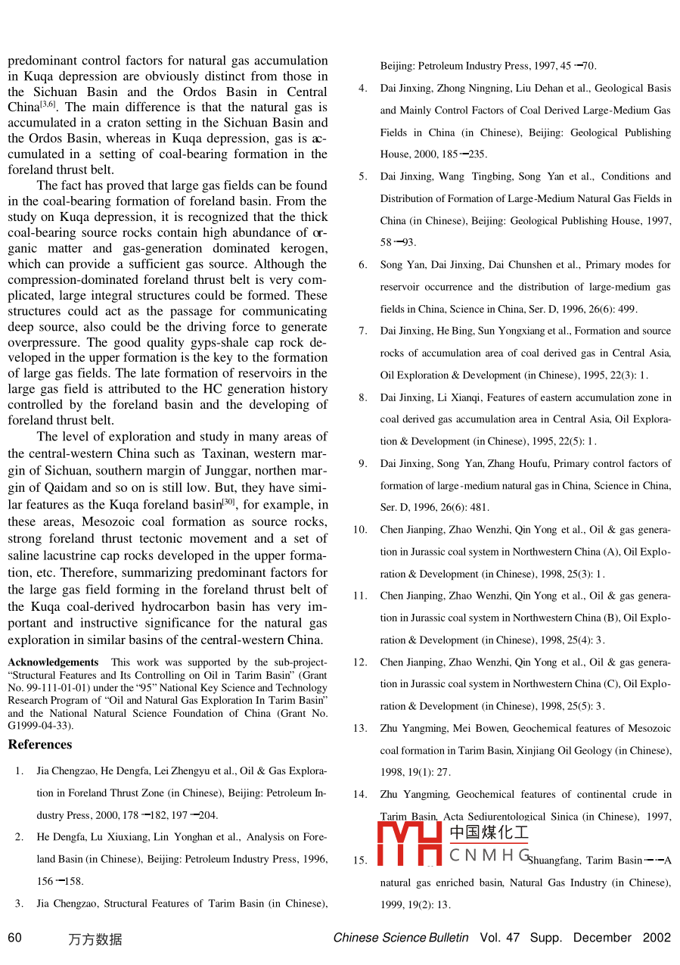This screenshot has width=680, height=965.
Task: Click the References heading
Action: click(40, 745)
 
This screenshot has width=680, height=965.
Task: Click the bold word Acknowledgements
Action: click(53, 662)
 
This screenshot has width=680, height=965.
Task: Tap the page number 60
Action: click(15, 939)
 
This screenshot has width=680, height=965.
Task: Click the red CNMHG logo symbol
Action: click(409, 843)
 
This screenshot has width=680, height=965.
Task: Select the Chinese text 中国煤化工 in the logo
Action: click(489, 833)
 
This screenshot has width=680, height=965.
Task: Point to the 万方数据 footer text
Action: click(95, 940)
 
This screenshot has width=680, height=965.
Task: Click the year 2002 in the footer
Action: click(657, 938)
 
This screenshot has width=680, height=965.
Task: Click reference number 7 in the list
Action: click(363, 331)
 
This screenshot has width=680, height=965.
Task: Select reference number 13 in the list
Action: click(360, 729)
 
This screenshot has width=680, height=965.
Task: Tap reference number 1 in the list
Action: click(19, 772)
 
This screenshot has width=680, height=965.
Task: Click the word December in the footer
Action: click(602, 938)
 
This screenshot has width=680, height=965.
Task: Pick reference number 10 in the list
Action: click(360, 530)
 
